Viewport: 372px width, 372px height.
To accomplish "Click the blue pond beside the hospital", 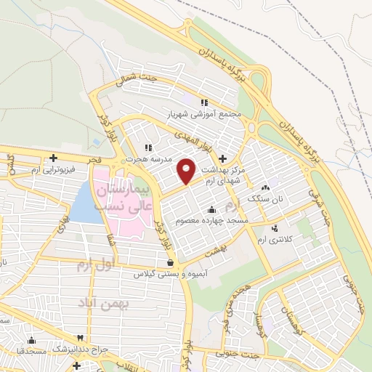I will [x=86, y=206].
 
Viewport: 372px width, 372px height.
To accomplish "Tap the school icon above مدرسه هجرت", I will [x=149, y=147].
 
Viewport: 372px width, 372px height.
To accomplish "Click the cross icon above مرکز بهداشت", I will [x=222, y=158].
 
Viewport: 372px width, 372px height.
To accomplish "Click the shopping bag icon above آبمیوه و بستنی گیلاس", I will [x=169, y=263].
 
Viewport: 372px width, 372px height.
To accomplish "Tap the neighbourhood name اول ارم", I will [x=95, y=264].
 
